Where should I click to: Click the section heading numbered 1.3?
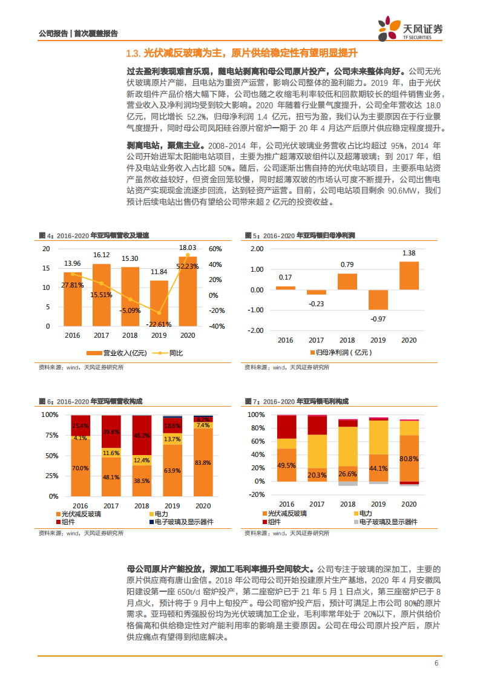[x=241, y=53]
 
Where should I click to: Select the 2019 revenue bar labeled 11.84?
[x=159, y=303]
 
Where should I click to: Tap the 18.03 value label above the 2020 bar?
[x=188, y=248]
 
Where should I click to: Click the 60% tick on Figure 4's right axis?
[x=215, y=249]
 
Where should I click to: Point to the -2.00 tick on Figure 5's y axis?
[x=255, y=330]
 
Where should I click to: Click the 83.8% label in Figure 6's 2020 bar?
[x=203, y=462]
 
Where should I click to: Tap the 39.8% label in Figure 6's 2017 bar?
[x=110, y=431]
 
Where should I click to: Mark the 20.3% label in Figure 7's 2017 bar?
[x=317, y=475]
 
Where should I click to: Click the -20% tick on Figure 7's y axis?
[x=257, y=494]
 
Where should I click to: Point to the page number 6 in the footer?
[x=436, y=663]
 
